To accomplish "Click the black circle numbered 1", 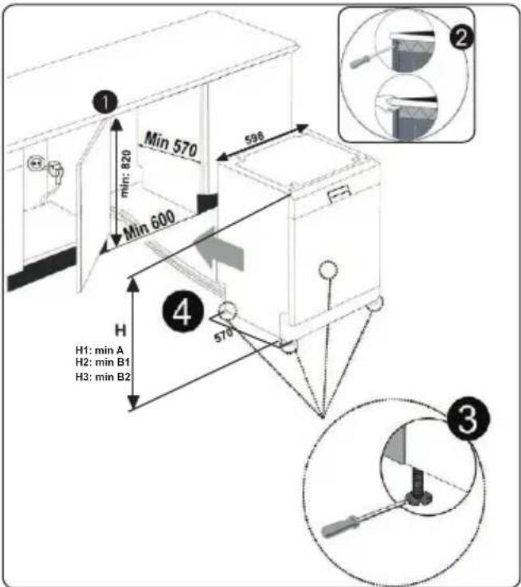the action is click(x=105, y=101).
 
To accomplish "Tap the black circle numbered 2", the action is click(x=461, y=37).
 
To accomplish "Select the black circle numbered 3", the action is click(x=468, y=418).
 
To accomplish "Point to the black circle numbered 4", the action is click(x=182, y=311).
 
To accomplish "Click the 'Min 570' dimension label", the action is click(x=170, y=144).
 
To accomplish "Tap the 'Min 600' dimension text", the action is click(x=150, y=225).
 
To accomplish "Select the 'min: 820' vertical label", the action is click(x=126, y=173).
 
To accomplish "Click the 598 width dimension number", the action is click(x=254, y=139).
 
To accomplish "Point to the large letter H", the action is click(x=120, y=331).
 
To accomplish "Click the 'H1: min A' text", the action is click(x=100, y=350).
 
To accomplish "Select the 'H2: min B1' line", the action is click(x=103, y=362).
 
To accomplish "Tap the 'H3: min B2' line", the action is click(x=103, y=376).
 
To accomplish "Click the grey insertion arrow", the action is click(x=220, y=250).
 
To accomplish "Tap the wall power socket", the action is click(x=35, y=163).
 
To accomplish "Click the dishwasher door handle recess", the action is click(x=339, y=193).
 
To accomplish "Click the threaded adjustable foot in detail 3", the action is click(x=418, y=487).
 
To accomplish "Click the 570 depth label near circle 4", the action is click(x=223, y=335).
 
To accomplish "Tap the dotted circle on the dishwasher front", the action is click(x=328, y=268).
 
